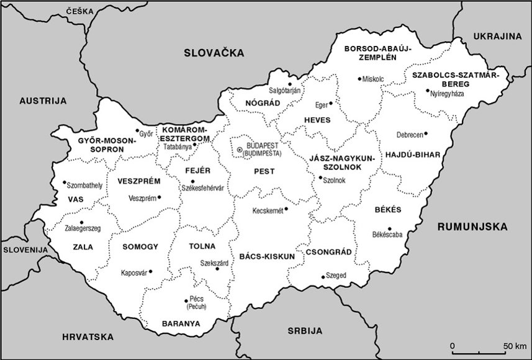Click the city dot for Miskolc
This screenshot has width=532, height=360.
[x=359, y=78]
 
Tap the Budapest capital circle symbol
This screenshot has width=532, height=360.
[x=240, y=149]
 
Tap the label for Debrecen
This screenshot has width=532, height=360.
[x=410, y=135]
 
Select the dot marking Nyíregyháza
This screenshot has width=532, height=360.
[x=427, y=91]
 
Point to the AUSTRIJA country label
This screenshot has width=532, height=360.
[x=42, y=101]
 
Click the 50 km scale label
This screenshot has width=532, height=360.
[x=515, y=345]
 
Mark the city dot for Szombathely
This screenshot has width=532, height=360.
[x=65, y=182]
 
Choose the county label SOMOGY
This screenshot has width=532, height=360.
[x=140, y=246]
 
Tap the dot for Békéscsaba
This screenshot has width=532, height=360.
[x=390, y=228]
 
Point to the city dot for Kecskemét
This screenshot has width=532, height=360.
[x=286, y=209]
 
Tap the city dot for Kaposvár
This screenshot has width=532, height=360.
[x=151, y=271]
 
